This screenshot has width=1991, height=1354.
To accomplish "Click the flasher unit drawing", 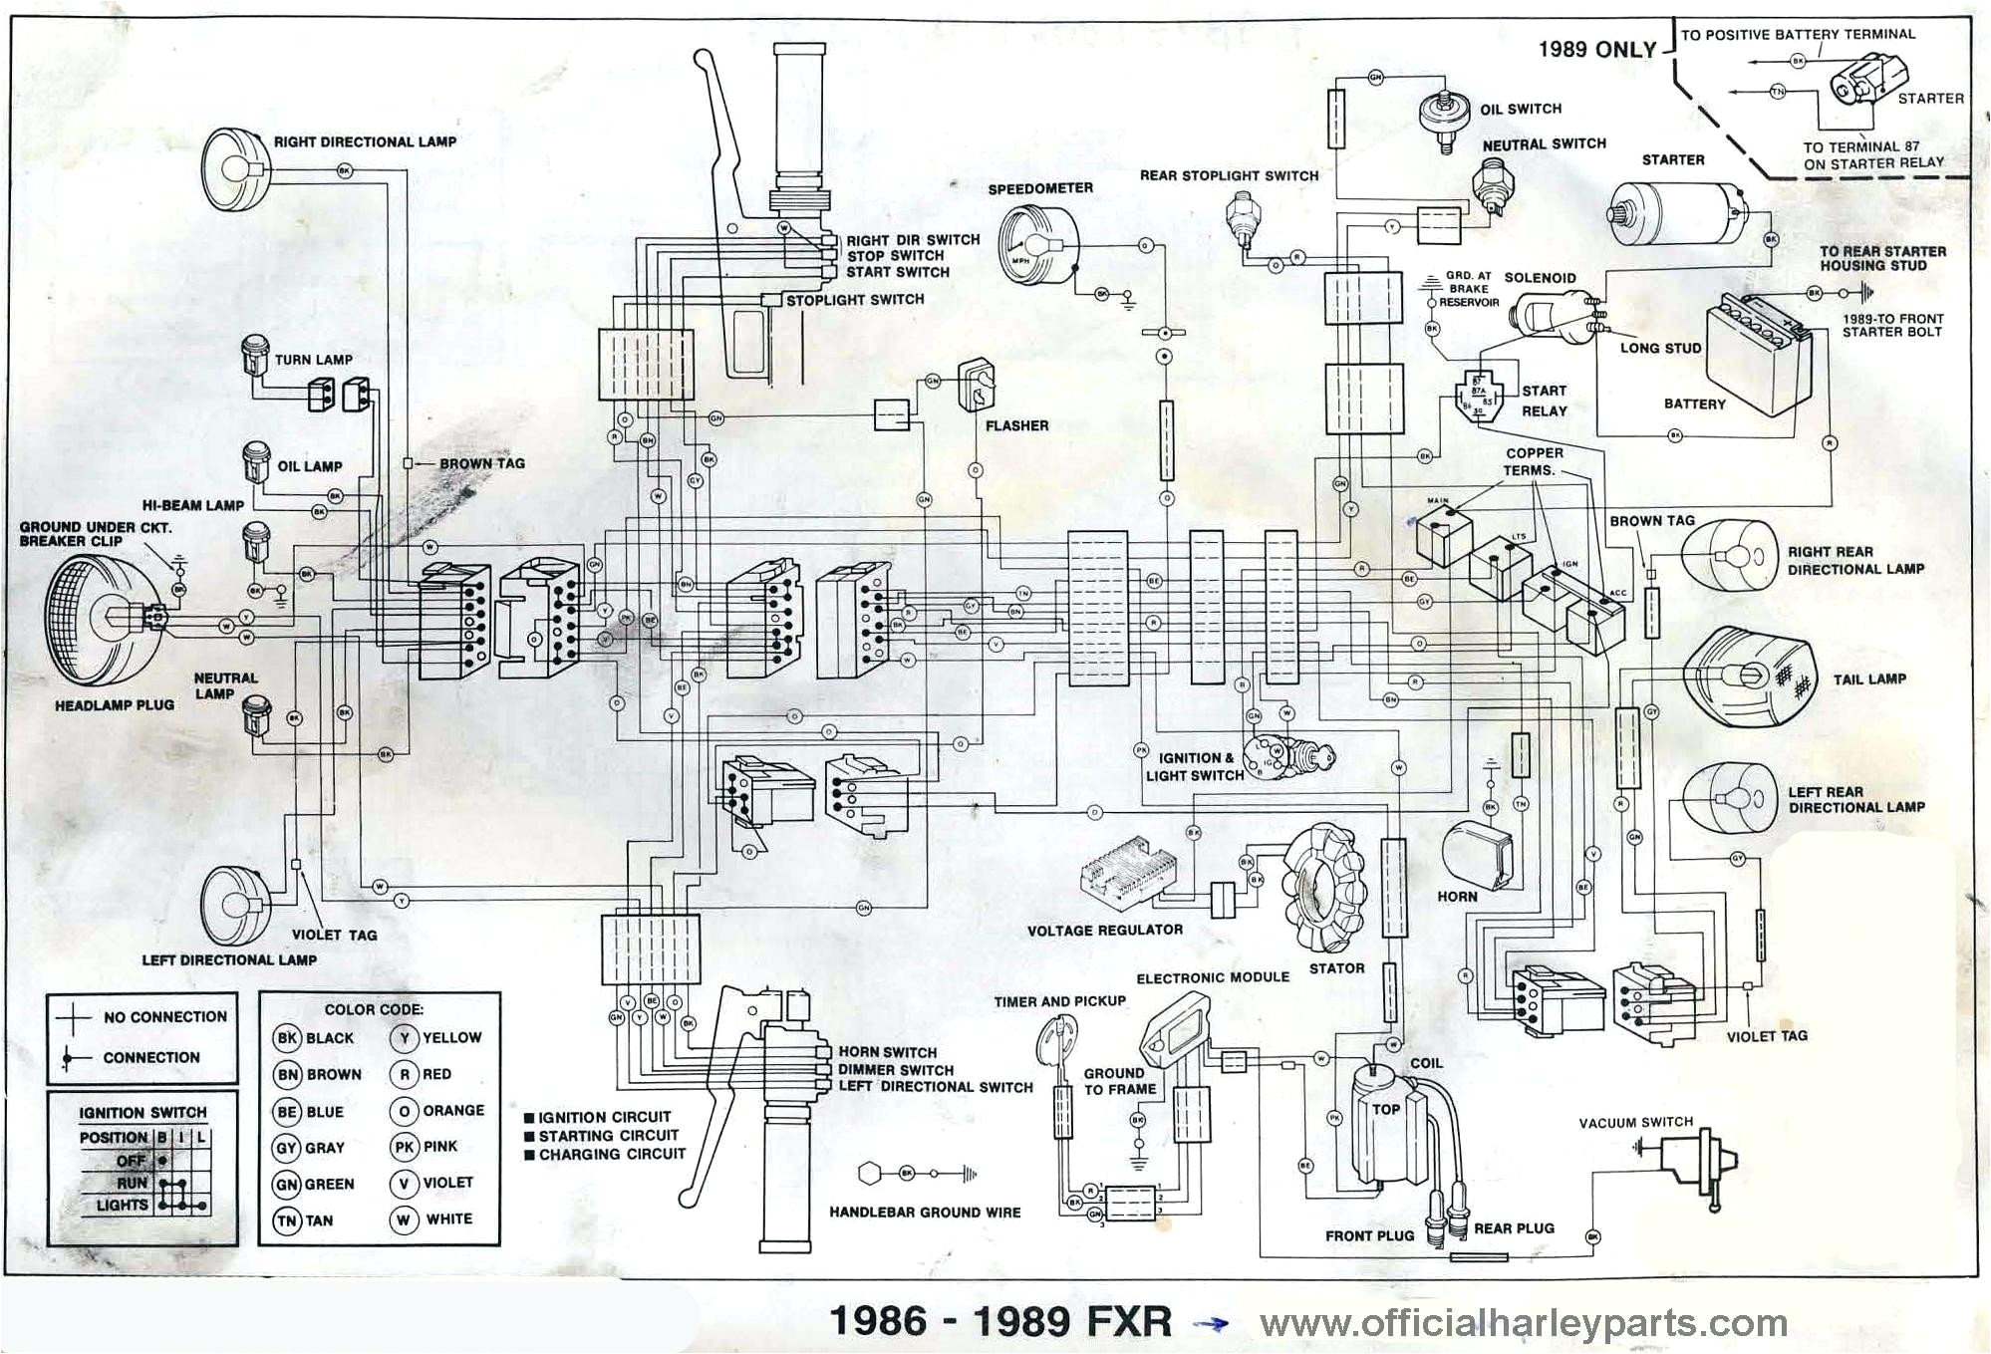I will [978, 385].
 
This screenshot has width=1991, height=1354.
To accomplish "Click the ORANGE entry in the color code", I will [437, 1111].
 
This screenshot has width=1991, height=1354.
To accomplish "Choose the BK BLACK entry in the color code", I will [314, 1038].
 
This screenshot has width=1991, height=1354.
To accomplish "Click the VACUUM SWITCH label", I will [1635, 1122].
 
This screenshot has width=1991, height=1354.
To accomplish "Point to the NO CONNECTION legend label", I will [164, 1016].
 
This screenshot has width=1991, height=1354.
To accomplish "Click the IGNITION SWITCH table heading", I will [142, 1112].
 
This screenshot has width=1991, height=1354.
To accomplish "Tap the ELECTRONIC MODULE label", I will [1213, 977].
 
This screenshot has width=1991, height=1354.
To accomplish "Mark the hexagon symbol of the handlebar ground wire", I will [870, 1173].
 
